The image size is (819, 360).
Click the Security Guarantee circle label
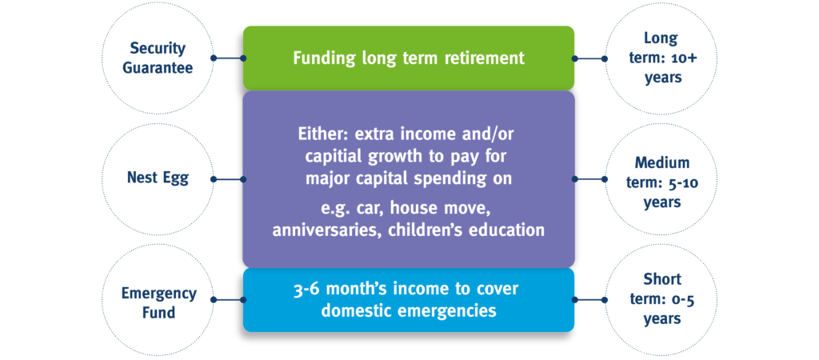[x=158, y=58]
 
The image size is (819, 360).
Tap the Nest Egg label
[x=158, y=178]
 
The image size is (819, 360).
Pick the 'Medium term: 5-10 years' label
[x=662, y=182]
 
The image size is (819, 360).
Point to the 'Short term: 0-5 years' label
[x=662, y=298]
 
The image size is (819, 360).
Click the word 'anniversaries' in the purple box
[x=327, y=230]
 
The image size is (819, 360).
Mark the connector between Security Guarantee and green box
[x=228, y=58]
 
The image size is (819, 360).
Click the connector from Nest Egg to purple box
[x=228, y=179]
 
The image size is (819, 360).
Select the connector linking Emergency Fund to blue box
[x=228, y=300]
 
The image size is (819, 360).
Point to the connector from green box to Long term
[x=589, y=58]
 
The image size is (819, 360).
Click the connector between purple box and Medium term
[x=589, y=178]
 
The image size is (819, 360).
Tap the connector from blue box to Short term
[x=589, y=300]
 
